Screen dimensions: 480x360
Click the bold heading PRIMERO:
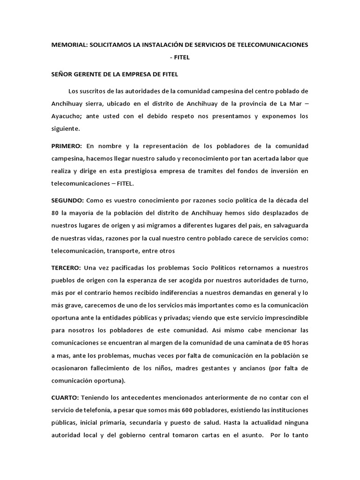[x=67, y=147]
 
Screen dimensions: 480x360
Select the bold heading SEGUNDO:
[x=67, y=201]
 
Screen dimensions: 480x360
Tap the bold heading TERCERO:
[x=66, y=268]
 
